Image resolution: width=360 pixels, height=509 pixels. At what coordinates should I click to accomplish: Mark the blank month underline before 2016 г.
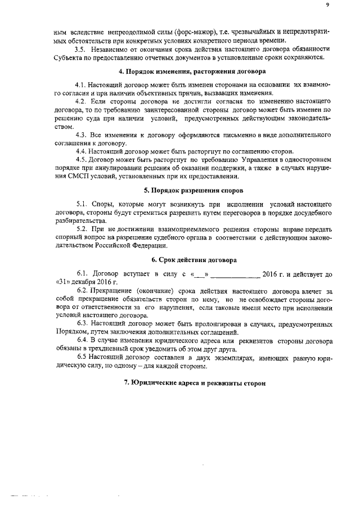pyautogui.click(x=235, y=275)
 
